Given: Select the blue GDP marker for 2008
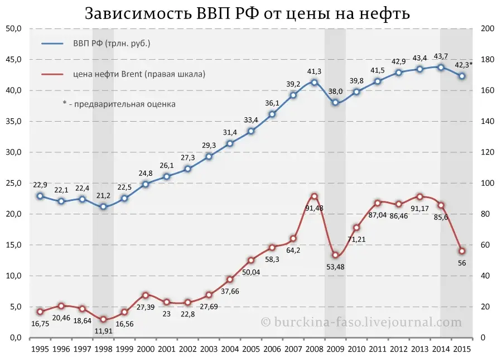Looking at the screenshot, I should [x=314, y=82].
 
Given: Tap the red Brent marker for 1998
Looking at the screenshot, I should [x=103, y=319].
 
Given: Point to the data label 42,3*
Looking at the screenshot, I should [x=462, y=65].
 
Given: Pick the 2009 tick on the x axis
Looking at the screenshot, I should [x=335, y=349].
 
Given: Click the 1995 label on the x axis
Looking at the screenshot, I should [x=40, y=349].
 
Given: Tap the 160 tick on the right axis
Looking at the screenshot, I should [x=486, y=90].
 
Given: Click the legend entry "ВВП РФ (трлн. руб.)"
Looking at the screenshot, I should [x=112, y=43].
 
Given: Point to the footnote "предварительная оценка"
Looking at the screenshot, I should [x=123, y=103].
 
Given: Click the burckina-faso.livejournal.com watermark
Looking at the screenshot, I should [x=361, y=322].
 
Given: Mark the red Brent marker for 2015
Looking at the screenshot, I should [x=462, y=251].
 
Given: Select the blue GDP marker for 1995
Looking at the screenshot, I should [x=40, y=196].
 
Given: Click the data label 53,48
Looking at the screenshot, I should [x=336, y=266].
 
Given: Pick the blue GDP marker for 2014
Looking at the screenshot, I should [x=441, y=67].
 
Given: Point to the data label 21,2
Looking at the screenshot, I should [x=104, y=195].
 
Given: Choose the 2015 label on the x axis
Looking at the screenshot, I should [x=462, y=349].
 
